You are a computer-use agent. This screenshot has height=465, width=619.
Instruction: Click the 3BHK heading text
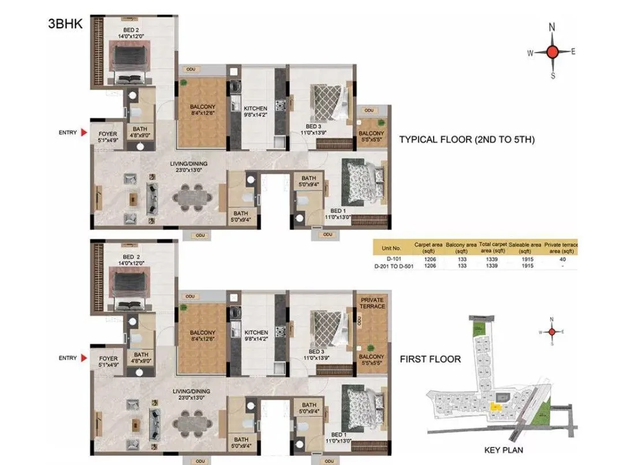click(64, 25)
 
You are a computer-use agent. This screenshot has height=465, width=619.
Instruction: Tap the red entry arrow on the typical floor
click(84, 133)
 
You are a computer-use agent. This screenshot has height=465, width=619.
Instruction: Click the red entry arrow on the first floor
click(84, 358)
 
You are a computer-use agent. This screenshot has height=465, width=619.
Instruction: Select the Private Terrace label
click(372, 303)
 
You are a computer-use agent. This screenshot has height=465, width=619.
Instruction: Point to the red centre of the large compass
click(552, 52)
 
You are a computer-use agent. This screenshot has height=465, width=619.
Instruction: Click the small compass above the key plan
click(552, 332)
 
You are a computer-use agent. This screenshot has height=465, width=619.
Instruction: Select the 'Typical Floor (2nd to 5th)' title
click(467, 139)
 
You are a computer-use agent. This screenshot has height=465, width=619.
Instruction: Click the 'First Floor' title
click(430, 359)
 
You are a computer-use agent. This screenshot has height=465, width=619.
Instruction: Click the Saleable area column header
click(524, 248)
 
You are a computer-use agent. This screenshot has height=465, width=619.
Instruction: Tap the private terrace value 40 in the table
click(562, 260)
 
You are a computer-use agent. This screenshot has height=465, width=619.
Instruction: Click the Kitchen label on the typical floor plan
click(255, 109)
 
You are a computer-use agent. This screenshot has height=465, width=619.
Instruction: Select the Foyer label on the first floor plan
click(107, 359)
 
